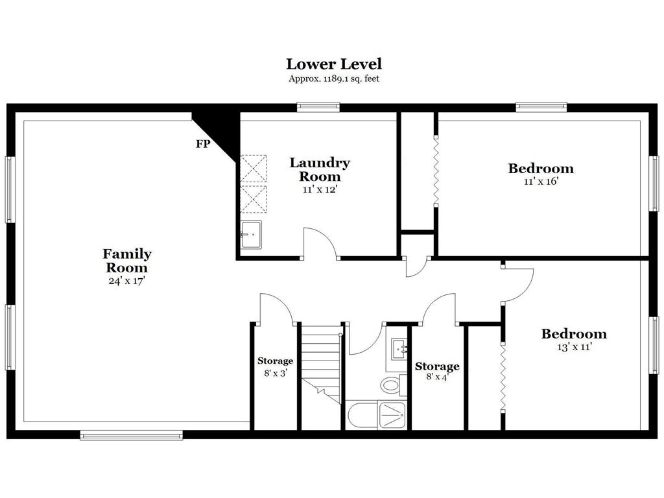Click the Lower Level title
334,64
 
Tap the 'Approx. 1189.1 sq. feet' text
334,78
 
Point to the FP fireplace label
203,144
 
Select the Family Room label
126,261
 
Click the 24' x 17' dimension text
126,281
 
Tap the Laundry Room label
320,169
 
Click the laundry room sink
251,235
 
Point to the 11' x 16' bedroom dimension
541,182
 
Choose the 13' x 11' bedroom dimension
575,348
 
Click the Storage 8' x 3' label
275,367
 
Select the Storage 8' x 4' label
437,371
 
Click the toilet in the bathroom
392,385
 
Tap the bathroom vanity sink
399,349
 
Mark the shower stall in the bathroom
392,415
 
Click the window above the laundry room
318,107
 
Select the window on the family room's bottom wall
131,435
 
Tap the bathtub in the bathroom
362,415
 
